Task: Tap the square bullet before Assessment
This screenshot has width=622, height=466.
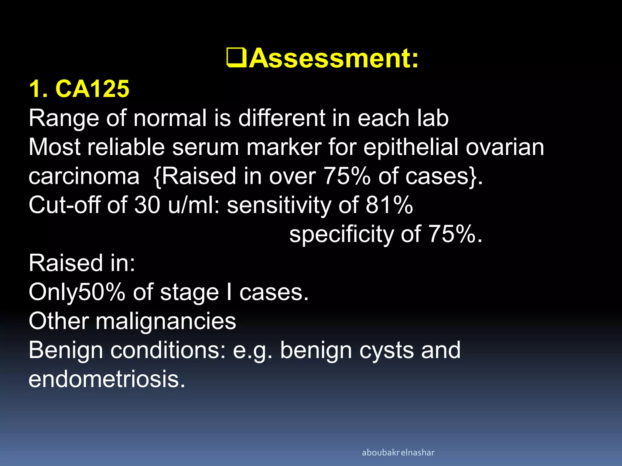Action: coord(237,58)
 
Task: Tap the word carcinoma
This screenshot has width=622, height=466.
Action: coord(84,177)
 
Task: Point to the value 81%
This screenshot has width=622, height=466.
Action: coord(389,205)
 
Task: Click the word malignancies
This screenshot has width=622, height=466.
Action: coord(166,322)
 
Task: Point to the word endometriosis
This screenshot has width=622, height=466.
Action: coord(107,379)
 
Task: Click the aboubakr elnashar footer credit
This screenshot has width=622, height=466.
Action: coord(398,453)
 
